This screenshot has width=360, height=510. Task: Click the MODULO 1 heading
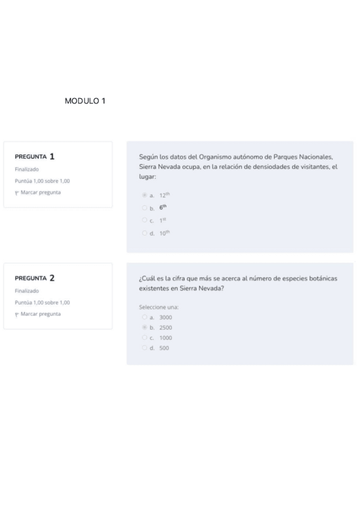[x=85, y=101]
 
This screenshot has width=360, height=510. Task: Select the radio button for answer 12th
[x=144, y=195]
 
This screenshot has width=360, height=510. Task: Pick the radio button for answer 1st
[x=144, y=220]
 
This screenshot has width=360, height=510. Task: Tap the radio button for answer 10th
[x=144, y=233]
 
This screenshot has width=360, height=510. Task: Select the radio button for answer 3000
[x=144, y=316]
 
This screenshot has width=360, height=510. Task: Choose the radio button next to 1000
[x=144, y=337]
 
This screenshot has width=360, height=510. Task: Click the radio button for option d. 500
[x=144, y=348]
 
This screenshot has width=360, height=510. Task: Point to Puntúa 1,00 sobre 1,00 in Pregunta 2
[x=42, y=303]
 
